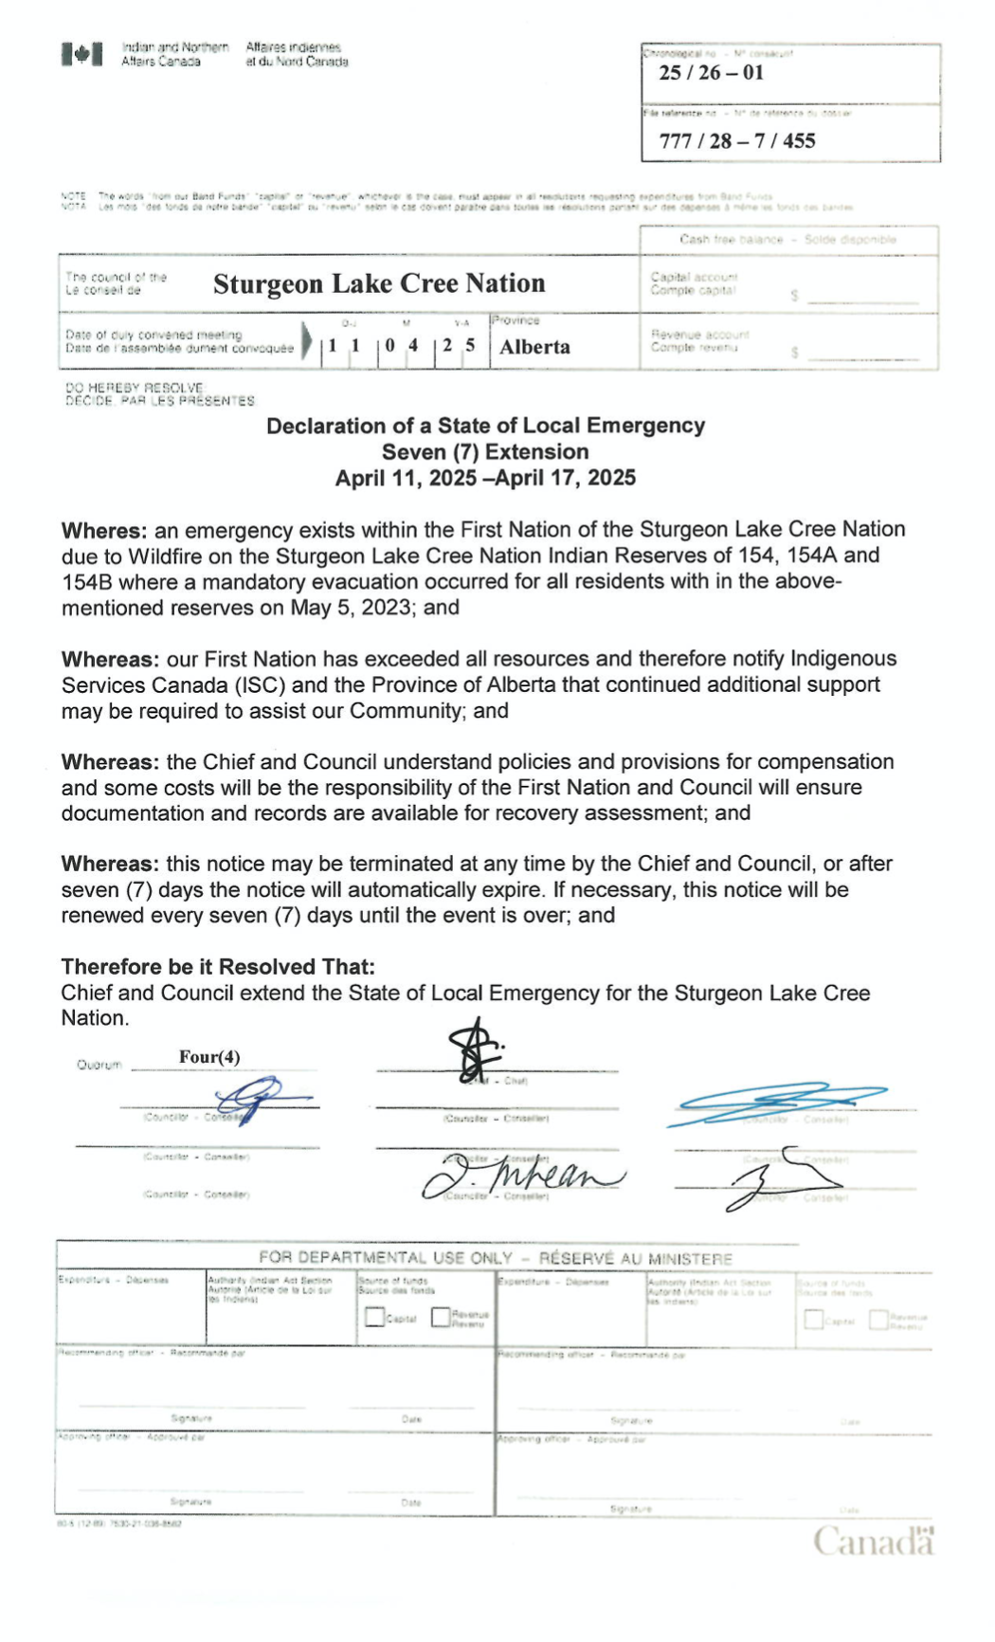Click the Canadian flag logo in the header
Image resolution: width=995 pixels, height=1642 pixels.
pyautogui.click(x=81, y=54)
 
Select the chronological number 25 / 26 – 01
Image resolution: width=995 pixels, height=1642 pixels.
pyautogui.click(x=711, y=73)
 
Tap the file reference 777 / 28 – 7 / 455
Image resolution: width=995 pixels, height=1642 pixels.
pyautogui.click(x=736, y=141)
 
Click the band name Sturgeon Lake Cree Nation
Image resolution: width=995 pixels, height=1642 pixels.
pyautogui.click(x=379, y=283)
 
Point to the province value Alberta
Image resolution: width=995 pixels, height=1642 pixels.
pyautogui.click(x=534, y=347)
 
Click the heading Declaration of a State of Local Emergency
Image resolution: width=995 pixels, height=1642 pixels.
pyautogui.click(x=485, y=426)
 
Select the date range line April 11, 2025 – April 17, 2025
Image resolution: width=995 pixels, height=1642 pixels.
pyautogui.click(x=485, y=478)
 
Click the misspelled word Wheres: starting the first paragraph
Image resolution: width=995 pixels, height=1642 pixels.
pyautogui.click(x=103, y=529)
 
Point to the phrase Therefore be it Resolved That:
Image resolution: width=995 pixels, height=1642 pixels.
pyautogui.click(x=218, y=967)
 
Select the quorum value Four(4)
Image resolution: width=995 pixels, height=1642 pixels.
pyautogui.click(x=209, y=1056)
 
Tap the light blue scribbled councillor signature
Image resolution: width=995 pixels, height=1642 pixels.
pyautogui.click(x=777, y=1103)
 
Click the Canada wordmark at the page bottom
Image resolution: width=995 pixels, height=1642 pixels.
pyautogui.click(x=872, y=1542)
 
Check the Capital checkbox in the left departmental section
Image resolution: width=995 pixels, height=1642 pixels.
pyautogui.click(x=374, y=1318)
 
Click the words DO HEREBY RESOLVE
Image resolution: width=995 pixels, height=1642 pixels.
pyautogui.click(x=134, y=388)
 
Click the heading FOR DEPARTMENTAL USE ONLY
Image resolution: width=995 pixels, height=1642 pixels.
pyautogui.click(x=385, y=1258)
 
